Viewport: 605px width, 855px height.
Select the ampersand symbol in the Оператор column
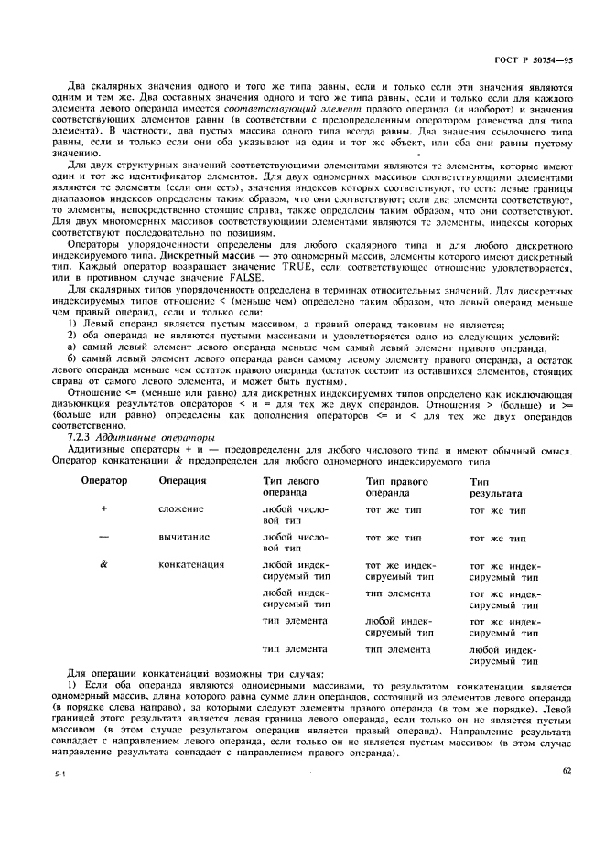click(103, 565)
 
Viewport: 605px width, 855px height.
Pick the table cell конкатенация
click(191, 565)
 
